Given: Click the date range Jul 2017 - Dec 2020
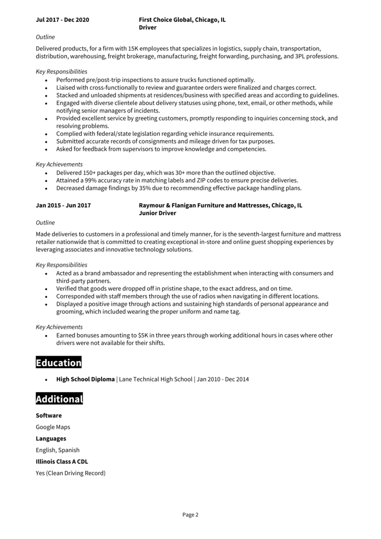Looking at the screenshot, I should pos(62,20).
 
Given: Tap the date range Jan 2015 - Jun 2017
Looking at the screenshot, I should pos(63,205).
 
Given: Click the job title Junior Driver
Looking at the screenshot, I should pos(157,213).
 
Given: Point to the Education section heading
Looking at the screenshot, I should pos(58,363).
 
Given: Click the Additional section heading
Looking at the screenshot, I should pos(59,399).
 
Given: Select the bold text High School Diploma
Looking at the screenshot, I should pos(85,379).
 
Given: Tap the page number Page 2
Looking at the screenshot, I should pos(190,515).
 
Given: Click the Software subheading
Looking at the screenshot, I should pos(49,416).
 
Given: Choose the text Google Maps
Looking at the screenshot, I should pos(53,427).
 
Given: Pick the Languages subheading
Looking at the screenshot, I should pos(51,438).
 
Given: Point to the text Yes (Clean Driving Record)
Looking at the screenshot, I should pos(71,473).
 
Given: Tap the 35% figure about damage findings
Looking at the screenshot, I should pos(140,188).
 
